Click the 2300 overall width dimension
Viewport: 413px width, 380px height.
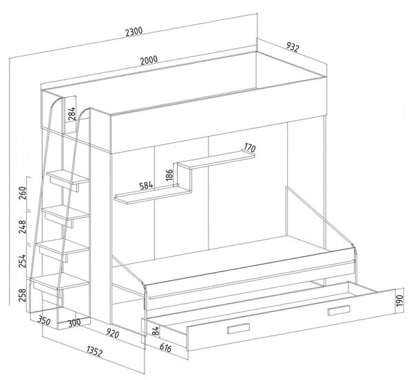(x=134, y=32)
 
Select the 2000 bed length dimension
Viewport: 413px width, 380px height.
(x=149, y=60)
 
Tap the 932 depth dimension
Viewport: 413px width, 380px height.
(x=293, y=47)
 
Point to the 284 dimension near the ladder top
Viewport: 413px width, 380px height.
(x=72, y=113)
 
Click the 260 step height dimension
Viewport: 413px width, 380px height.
(x=23, y=193)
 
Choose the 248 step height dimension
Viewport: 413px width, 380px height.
(x=23, y=227)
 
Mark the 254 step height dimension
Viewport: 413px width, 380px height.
(x=23, y=260)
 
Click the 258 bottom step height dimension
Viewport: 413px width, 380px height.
(x=23, y=295)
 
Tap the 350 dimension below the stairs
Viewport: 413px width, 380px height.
(x=43, y=321)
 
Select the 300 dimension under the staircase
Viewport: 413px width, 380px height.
(x=74, y=323)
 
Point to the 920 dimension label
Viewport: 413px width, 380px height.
(x=112, y=334)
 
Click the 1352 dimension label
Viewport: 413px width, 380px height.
(x=94, y=351)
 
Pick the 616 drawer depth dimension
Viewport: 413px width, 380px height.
(x=165, y=348)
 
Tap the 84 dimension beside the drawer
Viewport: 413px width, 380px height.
(x=156, y=331)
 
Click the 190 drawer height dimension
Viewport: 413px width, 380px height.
(x=399, y=300)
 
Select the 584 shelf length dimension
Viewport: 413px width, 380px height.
(x=146, y=186)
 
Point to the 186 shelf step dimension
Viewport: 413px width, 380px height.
(x=169, y=175)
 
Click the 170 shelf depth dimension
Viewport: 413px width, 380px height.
(x=250, y=148)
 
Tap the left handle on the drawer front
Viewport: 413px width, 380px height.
(x=239, y=328)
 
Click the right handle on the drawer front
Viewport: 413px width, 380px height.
(x=339, y=310)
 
